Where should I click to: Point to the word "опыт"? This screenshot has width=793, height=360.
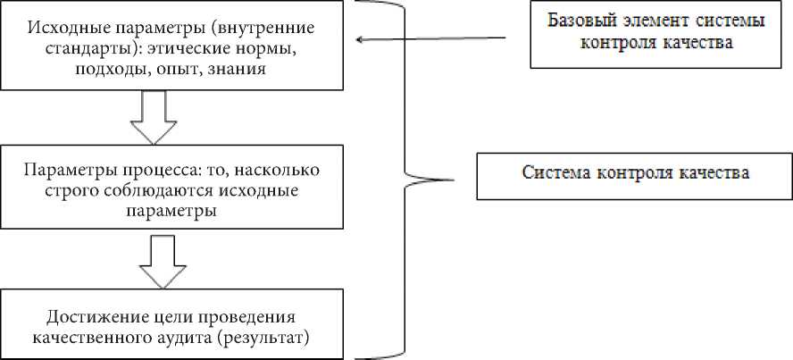(x=171, y=68)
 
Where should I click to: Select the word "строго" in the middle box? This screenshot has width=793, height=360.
(x=54, y=191)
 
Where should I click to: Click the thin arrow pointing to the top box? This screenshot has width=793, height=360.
(x=429, y=38)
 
